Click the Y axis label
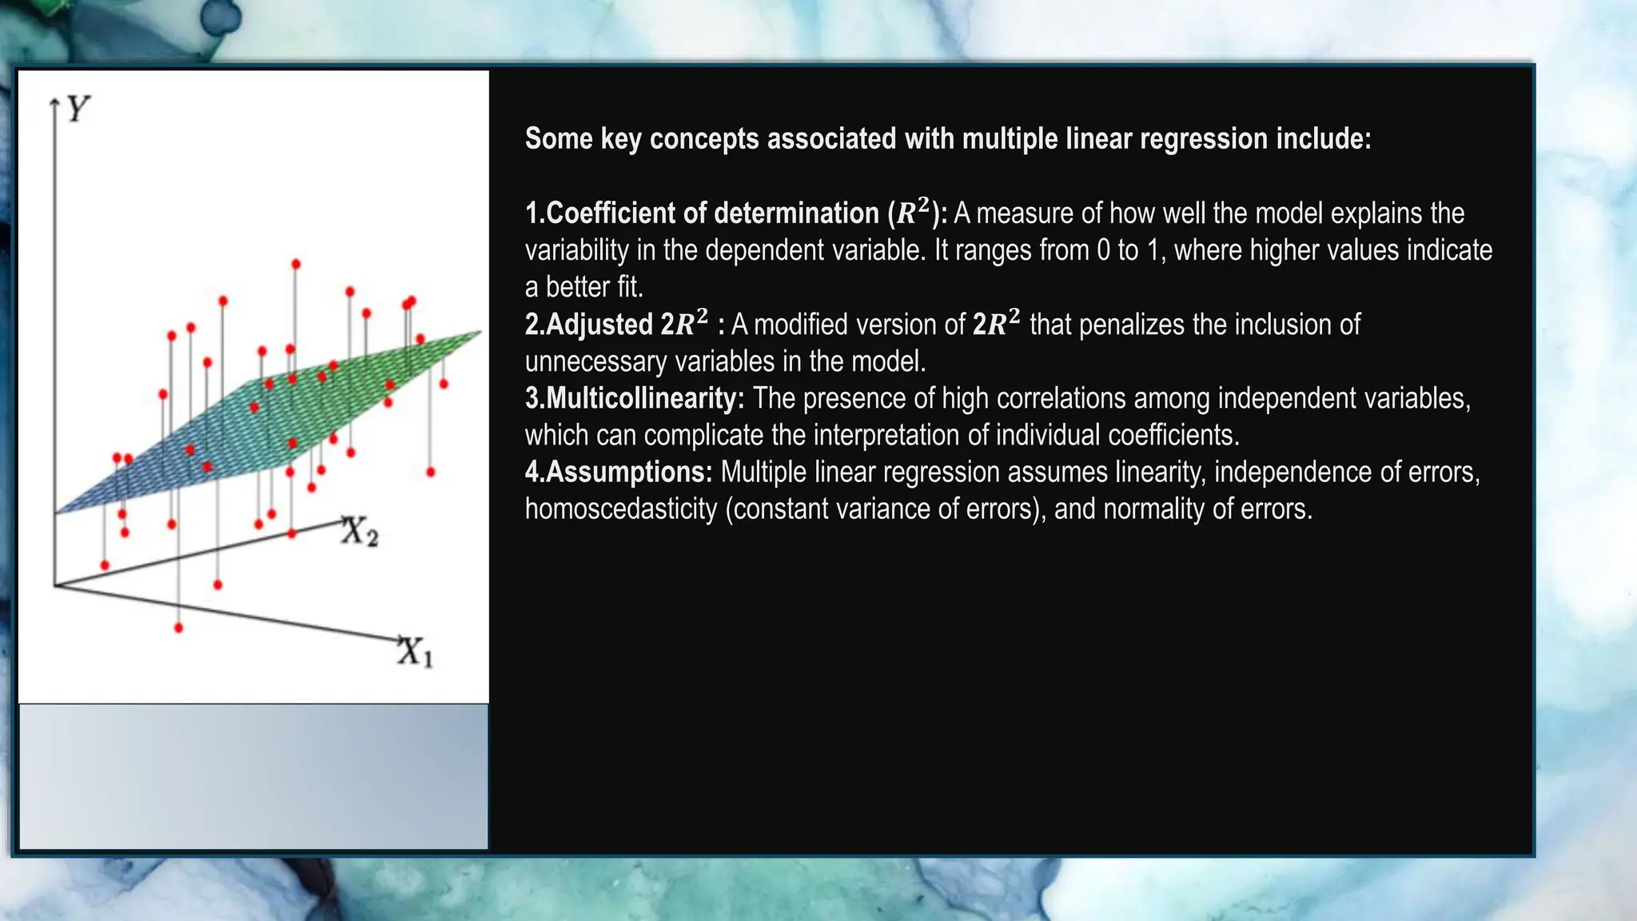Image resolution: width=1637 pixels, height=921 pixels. (x=78, y=109)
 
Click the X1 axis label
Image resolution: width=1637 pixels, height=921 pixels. (x=416, y=652)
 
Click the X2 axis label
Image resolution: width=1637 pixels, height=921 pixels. (x=360, y=532)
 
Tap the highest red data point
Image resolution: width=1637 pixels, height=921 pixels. (x=296, y=264)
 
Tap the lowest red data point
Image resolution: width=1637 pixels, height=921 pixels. (x=178, y=628)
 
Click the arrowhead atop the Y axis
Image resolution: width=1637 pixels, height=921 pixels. (x=54, y=102)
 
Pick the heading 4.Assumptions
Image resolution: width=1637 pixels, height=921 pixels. (x=618, y=472)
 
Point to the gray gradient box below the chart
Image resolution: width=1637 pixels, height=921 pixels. (x=253, y=775)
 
